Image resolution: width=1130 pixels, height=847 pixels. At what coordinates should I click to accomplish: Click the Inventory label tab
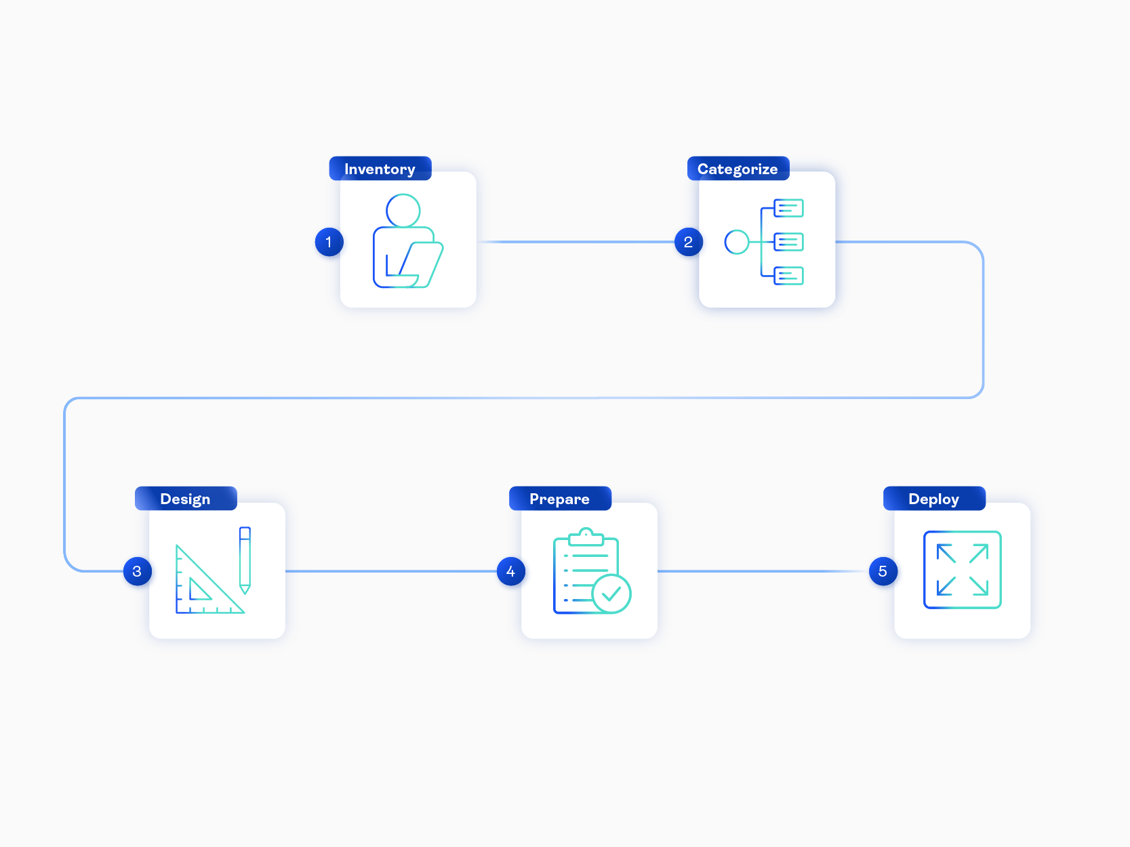point(380,169)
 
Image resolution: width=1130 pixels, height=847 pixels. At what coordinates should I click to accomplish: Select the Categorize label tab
point(738,169)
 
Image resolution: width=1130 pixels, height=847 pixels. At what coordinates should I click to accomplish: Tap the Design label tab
point(185,499)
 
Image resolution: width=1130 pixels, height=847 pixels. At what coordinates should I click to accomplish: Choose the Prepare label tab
point(559,499)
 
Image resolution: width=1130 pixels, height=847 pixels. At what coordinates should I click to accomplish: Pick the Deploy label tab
point(933,499)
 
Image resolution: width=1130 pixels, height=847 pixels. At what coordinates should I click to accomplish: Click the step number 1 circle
point(329,242)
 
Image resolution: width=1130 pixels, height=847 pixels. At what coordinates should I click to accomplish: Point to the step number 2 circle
point(688,242)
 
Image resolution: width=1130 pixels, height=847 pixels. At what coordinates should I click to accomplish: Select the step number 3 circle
point(137,571)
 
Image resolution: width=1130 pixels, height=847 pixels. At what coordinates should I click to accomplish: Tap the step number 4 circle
point(510,571)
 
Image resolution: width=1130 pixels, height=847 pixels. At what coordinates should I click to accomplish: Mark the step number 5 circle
point(883,571)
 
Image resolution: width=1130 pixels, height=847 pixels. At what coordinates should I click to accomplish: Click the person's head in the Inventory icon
point(403,211)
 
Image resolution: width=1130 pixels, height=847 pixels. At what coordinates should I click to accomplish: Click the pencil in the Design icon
point(245,559)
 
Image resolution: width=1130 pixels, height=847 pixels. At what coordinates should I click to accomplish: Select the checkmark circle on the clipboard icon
point(611,594)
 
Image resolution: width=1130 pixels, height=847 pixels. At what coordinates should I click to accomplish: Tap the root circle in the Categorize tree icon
point(737,242)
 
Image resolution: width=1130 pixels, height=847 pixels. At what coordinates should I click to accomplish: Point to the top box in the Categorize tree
point(788,208)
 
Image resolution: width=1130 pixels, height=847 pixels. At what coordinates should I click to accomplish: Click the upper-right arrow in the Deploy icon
point(979,554)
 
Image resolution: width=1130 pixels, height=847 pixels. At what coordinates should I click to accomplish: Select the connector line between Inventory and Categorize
point(576,242)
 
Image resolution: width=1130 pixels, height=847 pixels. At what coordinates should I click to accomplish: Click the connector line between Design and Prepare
point(390,571)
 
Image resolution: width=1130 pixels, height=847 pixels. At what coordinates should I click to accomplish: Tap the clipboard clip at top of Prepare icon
point(586,537)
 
